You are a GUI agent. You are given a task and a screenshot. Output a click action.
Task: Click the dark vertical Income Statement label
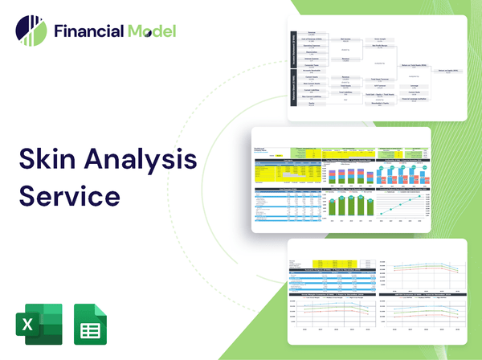pyautogui.click(x=293, y=51)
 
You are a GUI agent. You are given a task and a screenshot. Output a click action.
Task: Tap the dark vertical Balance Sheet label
pyautogui.click(x=293, y=92)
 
